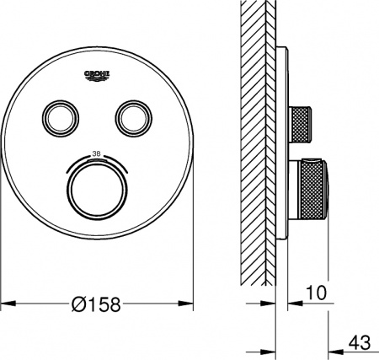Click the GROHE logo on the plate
99,75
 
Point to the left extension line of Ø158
2,253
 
